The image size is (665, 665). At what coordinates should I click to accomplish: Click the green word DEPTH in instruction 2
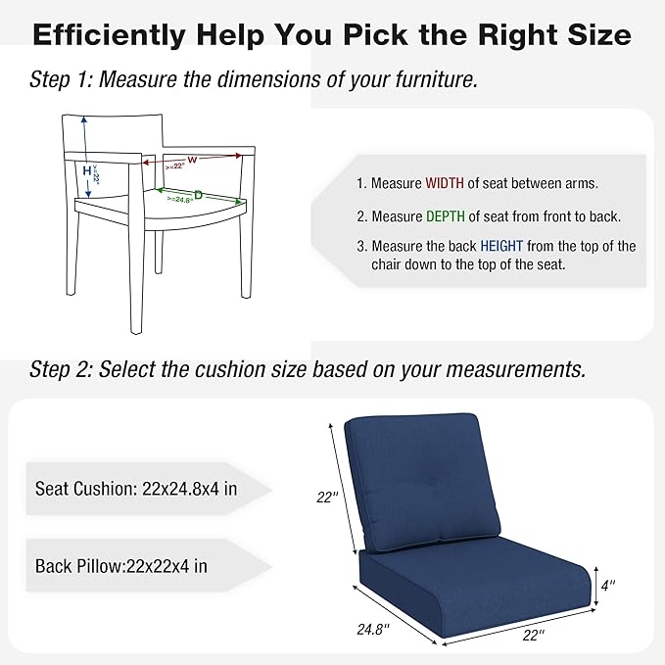pos(446,216)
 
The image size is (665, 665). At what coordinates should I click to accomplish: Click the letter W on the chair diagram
pos(193,158)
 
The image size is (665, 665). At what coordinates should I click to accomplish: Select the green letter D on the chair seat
pos(198,195)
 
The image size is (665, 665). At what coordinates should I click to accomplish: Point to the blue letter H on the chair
pos(86,170)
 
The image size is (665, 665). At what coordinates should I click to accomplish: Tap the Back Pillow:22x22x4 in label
pos(120,565)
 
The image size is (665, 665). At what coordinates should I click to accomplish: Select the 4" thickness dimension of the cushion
pos(609,586)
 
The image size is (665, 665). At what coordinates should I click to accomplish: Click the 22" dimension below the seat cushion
pos(533,636)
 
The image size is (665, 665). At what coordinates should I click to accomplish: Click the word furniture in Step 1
pos(431,79)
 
